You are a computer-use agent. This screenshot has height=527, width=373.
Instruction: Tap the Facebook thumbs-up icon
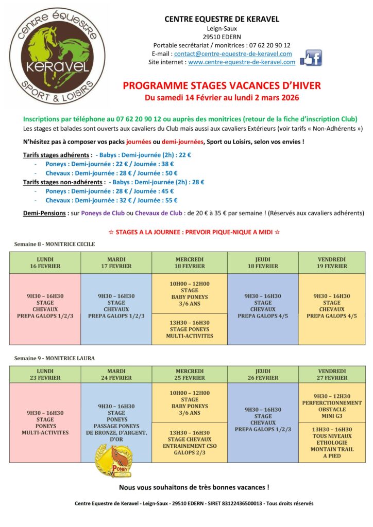pyautogui.click(x=311, y=58)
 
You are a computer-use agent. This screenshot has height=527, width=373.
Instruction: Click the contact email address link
pyautogui.click(x=233, y=54)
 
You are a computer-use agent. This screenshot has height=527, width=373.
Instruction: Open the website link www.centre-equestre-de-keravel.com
pyautogui.click(x=242, y=62)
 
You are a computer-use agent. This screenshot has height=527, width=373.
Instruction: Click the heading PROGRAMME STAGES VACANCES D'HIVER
pyautogui.click(x=222, y=85)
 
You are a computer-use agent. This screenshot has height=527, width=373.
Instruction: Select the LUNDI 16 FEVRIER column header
pyautogui.click(x=45, y=262)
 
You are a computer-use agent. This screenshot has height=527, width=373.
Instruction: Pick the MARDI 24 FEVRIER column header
pyautogui.click(x=116, y=374)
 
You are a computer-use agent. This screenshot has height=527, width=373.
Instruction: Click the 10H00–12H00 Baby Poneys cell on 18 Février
pyautogui.click(x=190, y=293)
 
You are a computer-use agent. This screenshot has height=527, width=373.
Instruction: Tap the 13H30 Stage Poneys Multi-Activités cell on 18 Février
pyautogui.click(x=190, y=329)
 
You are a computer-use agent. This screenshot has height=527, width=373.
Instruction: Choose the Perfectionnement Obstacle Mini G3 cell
pyautogui.click(x=332, y=403)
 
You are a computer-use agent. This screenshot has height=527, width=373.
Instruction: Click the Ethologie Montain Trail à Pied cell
pyautogui.click(x=332, y=443)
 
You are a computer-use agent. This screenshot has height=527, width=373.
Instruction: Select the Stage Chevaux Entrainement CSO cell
pyautogui.click(x=190, y=443)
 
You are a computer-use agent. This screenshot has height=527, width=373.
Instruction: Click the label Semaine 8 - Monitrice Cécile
pyautogui.click(x=55, y=244)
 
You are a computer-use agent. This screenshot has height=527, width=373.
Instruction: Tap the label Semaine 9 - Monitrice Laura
pyautogui.click(x=54, y=358)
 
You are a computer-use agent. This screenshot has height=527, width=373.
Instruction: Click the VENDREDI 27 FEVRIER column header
pyautogui.click(x=332, y=374)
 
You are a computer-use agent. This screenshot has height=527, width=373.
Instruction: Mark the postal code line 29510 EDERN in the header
pyautogui.click(x=222, y=37)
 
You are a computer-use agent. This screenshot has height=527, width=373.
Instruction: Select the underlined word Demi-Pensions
pyautogui.click(x=44, y=213)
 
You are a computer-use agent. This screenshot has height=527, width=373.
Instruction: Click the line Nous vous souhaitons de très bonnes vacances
pyautogui.click(x=194, y=487)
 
